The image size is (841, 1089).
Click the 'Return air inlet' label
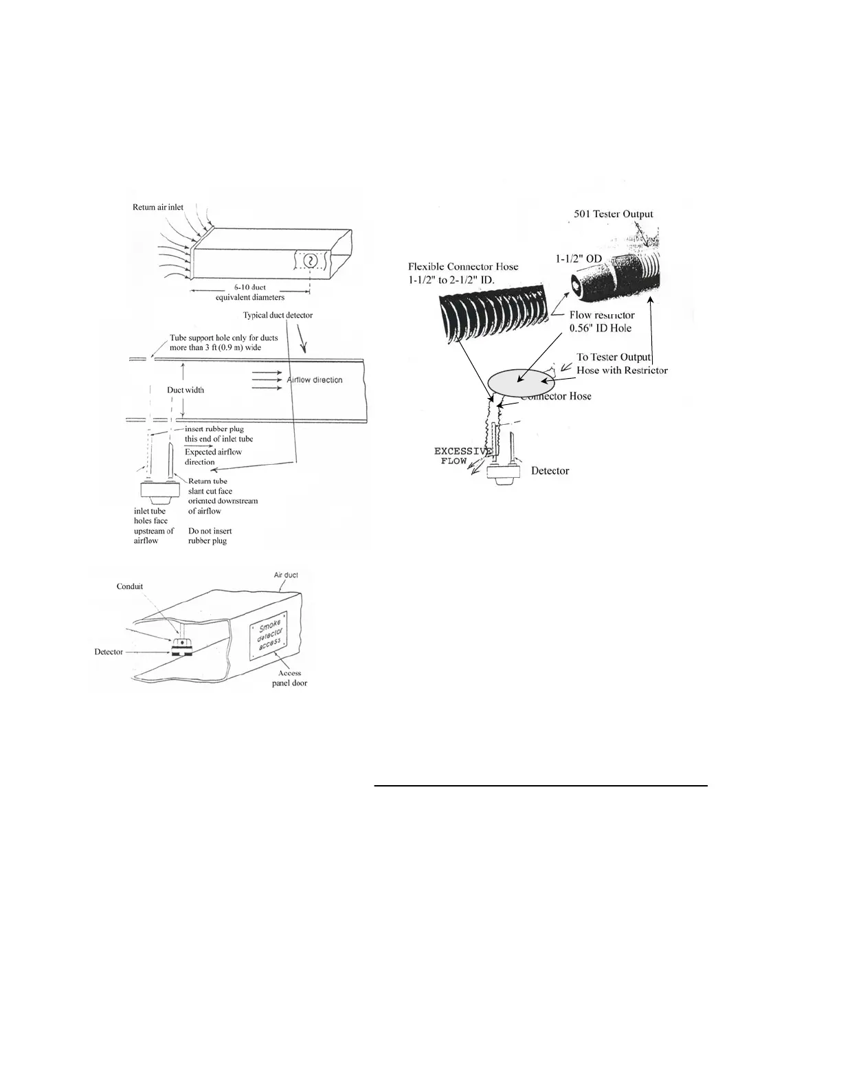click(158, 207)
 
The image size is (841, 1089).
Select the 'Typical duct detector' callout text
click(278, 315)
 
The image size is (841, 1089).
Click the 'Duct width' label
click(186, 390)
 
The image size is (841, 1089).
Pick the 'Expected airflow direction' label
click(213, 456)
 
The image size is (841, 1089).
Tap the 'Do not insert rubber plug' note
click(210, 536)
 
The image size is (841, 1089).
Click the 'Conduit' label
click(130, 586)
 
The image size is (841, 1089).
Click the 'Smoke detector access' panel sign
click(269, 636)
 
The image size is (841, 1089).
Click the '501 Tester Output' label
click(614, 214)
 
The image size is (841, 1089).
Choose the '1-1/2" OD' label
click(579, 258)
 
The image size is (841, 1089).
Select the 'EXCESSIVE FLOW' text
click(462, 456)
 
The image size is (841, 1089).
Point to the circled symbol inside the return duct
click(311, 261)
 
